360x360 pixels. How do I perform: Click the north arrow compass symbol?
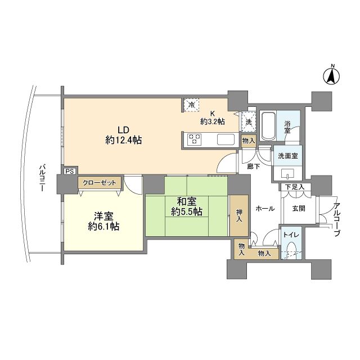332,75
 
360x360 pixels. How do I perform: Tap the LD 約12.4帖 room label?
123,134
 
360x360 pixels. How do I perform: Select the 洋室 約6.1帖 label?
103,221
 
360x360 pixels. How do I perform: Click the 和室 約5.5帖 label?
187,207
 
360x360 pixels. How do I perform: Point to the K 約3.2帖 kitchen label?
213,116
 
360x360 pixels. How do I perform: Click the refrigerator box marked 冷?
191,105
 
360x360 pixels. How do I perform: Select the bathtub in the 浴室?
268,127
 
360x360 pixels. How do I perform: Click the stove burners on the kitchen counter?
195,139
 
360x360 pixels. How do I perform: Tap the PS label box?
69,172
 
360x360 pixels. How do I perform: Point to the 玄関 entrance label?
299,208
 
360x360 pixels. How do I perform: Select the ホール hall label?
264,208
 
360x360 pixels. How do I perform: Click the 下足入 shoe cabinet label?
294,187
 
